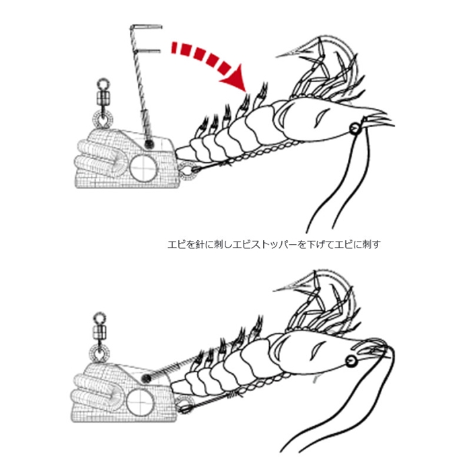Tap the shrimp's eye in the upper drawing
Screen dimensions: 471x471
pyautogui.click(x=355, y=129)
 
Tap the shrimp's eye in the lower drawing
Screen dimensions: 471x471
pyautogui.click(x=351, y=361)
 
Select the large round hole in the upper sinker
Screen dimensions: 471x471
pyautogui.click(x=143, y=168)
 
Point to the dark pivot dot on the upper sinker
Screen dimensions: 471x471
pyautogui.click(x=149, y=145)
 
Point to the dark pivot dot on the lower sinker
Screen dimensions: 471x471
pyautogui.click(x=146, y=378)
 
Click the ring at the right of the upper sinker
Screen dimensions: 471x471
pyautogui.click(x=187, y=171)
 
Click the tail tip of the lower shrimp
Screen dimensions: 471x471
pyautogui.click(x=174, y=386)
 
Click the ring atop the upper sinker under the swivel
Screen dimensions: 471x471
pyautogui.click(x=103, y=119)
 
